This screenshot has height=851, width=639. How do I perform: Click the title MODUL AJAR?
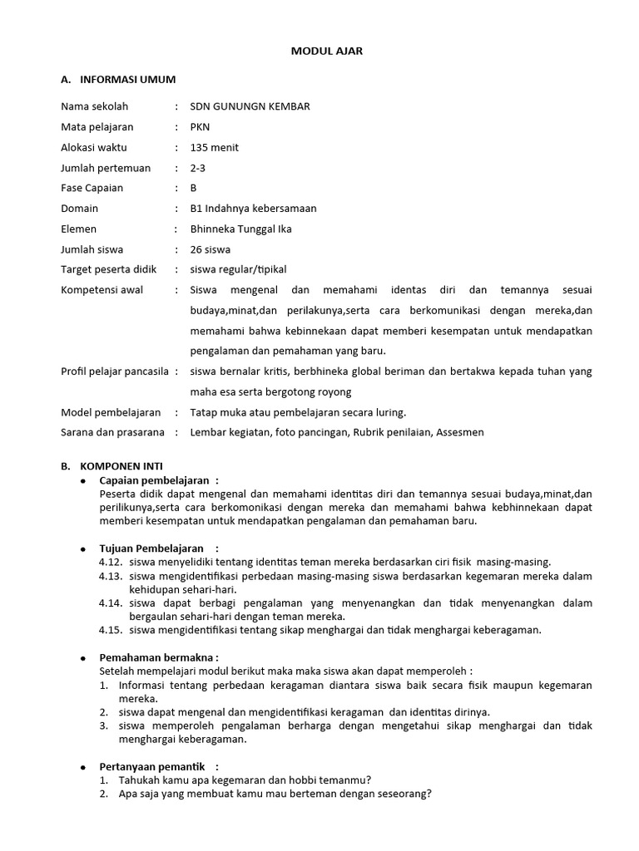(x=326, y=52)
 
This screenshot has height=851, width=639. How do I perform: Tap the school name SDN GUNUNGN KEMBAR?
(x=250, y=107)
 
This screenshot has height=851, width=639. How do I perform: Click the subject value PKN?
(x=201, y=127)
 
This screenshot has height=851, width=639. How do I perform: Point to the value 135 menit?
(x=214, y=148)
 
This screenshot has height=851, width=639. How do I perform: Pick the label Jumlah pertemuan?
(x=106, y=168)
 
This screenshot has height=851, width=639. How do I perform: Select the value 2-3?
(x=198, y=168)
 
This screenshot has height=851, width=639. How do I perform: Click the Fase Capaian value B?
(x=194, y=188)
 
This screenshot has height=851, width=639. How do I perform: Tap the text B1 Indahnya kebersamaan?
(x=253, y=209)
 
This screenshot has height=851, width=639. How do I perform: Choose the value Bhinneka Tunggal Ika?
(x=240, y=229)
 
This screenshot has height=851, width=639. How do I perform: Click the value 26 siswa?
(x=211, y=249)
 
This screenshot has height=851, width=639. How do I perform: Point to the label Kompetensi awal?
(x=102, y=290)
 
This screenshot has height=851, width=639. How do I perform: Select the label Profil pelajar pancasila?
(x=115, y=371)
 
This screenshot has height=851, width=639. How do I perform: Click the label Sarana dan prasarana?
(x=112, y=432)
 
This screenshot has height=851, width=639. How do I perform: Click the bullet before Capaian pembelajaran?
(x=83, y=481)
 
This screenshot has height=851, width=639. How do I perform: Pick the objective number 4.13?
(x=110, y=576)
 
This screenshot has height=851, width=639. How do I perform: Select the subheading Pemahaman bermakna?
(x=158, y=657)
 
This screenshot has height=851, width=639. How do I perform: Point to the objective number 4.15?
(x=110, y=630)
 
